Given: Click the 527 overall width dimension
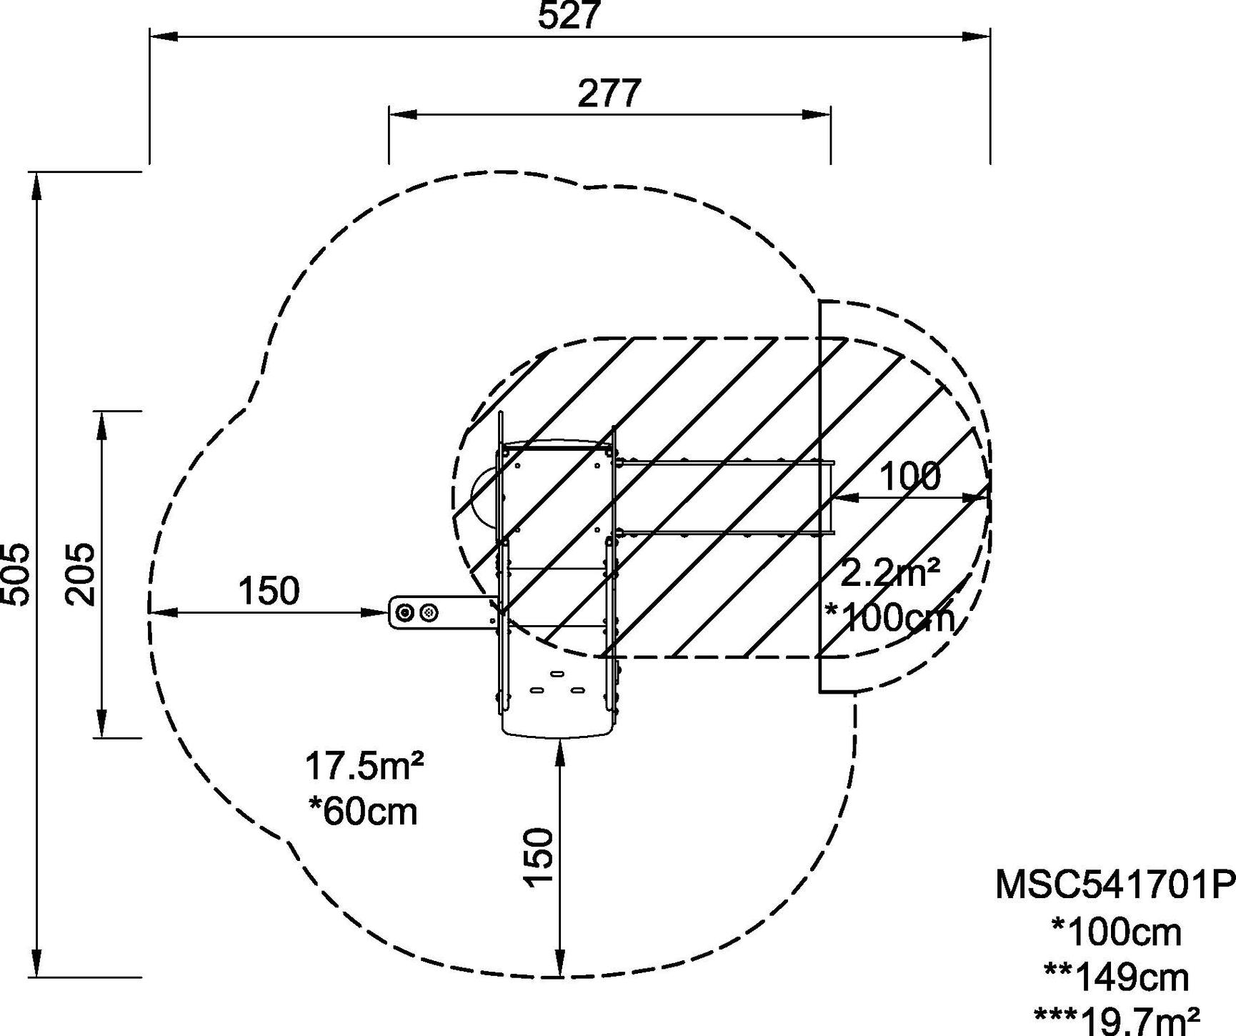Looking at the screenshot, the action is pos(569,16).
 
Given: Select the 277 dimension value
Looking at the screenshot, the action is pos(609,94).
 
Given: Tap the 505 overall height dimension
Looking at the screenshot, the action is pos(16,574).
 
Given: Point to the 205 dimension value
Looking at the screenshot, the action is pos(80,574).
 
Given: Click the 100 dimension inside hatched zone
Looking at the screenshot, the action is pos(909,477).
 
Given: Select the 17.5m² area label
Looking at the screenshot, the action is pos(364,767).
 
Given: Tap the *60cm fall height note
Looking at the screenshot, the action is pos(363,812).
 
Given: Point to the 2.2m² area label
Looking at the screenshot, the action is pos(890,573).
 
